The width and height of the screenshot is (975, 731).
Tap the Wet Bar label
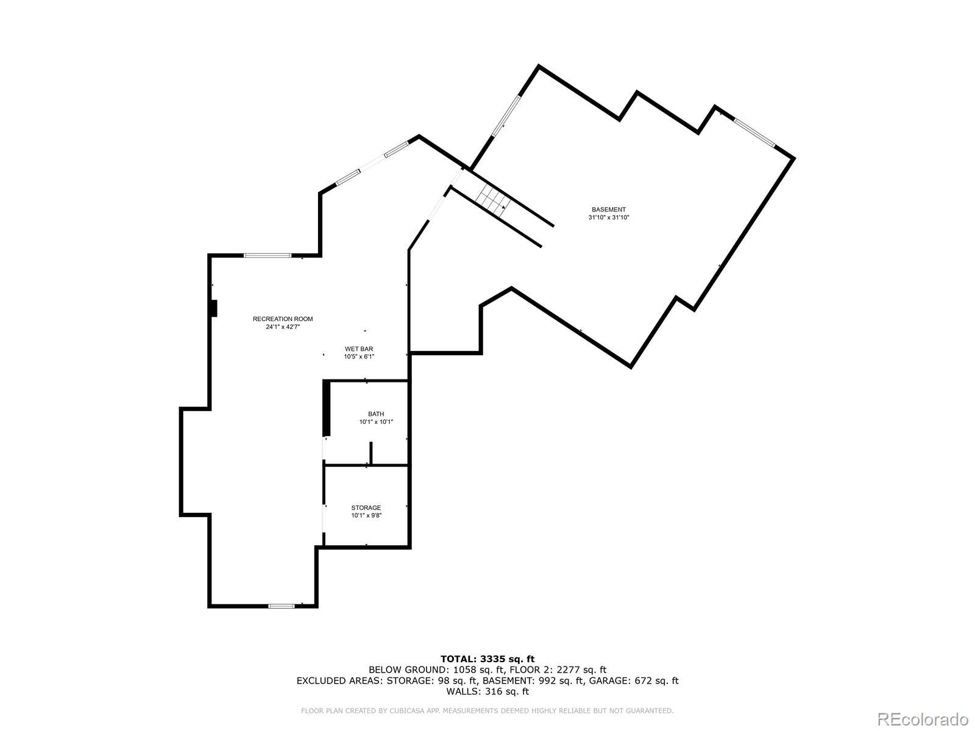coord(359,349)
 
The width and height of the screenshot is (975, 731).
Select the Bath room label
coord(376,414)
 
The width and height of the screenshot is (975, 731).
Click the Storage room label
coord(366,508)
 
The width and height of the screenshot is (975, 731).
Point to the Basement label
coord(608,210)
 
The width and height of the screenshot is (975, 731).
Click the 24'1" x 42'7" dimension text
coord(283,327)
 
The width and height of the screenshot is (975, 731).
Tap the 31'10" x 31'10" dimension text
coord(608,217)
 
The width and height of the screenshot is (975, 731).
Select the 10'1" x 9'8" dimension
coord(366,516)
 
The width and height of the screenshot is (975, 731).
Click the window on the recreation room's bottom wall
coord(282,606)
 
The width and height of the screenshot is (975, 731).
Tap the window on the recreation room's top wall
coord(268,255)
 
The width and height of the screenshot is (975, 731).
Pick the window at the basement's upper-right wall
coord(754,132)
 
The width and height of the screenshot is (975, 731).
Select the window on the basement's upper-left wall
coord(506,115)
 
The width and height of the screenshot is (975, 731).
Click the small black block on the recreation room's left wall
coord(213,308)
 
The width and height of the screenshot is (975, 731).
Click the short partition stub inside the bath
coord(370,454)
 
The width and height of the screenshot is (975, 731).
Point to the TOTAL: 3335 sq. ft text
coord(487,659)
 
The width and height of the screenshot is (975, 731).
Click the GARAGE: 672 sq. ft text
coord(631,680)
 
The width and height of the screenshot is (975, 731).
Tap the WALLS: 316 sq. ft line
coord(487,691)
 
